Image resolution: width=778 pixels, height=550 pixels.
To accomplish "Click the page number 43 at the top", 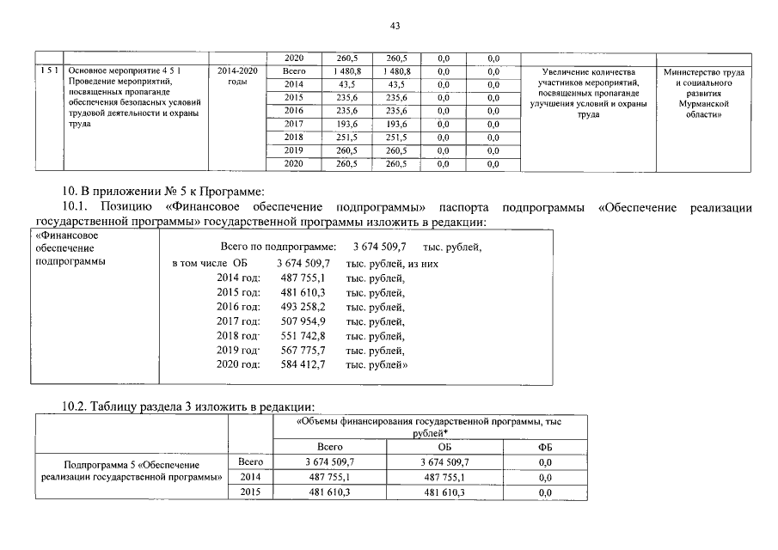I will pos(395,26).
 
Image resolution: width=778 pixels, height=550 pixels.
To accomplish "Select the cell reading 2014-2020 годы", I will pos(234,76).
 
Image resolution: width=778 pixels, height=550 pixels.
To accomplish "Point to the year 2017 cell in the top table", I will pos(294,125).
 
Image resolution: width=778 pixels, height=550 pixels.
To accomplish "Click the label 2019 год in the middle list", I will pos(238,351).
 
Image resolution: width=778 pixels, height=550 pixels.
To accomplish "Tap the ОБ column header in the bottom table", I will pos(444,448).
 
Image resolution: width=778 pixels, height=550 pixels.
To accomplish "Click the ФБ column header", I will pos(544,448).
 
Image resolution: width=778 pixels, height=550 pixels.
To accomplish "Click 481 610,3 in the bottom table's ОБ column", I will pos(444,493).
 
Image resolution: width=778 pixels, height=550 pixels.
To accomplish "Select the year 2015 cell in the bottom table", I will pos(249,492).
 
